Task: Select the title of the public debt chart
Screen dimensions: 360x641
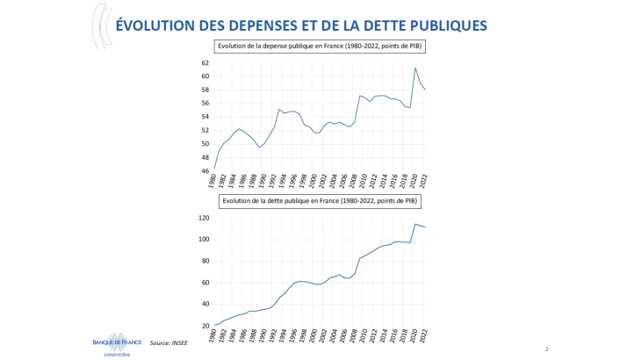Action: [320, 201]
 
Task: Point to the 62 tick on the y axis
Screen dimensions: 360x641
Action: [205, 62]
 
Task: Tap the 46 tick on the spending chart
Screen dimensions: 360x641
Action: [205, 171]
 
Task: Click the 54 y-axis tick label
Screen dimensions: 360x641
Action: [205, 117]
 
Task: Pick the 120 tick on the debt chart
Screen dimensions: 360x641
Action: [203, 218]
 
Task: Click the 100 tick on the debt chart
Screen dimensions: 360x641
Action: [203, 239]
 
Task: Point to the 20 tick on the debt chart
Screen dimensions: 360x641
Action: [205, 326]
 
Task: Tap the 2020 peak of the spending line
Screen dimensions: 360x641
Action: [415, 68]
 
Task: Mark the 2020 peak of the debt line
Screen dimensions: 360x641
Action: [415, 224]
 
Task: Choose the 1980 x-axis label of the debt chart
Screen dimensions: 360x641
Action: [213, 337]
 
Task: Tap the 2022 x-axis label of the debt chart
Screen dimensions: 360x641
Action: [424, 337]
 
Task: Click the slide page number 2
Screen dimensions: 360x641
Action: [546, 349]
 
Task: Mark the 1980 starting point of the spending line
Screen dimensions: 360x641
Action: [215, 169]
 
